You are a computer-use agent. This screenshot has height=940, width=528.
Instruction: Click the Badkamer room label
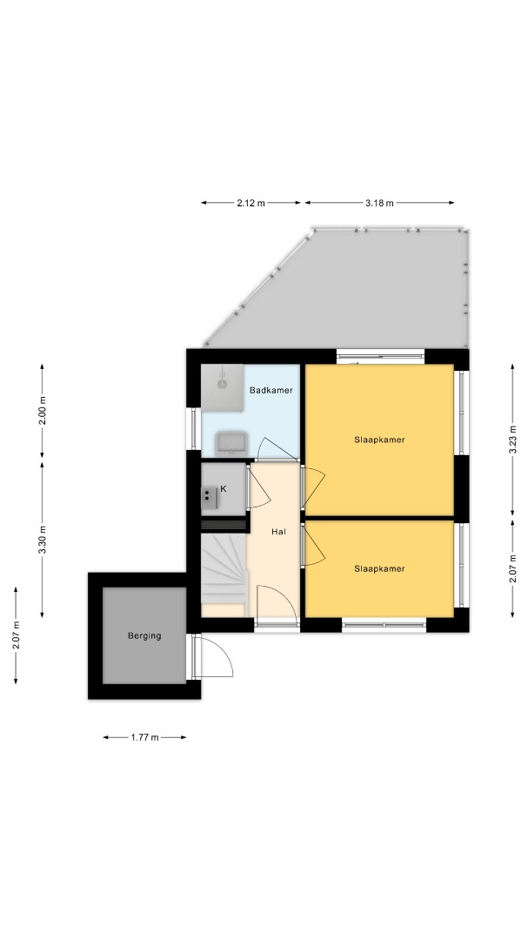pos(271,390)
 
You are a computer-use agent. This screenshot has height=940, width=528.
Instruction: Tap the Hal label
pos(277,531)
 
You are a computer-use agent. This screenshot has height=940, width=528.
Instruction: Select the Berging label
pos(144,635)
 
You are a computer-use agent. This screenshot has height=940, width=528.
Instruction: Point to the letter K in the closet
pos(224,488)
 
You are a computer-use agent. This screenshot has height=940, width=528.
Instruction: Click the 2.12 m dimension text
pos(251,203)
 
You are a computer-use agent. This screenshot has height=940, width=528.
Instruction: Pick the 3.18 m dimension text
pos(379,203)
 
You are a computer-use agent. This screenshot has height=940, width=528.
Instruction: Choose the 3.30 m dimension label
pos(42,540)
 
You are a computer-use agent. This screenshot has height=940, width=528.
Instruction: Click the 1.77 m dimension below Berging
pos(144,737)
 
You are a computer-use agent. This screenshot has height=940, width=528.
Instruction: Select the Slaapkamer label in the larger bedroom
pos(379,440)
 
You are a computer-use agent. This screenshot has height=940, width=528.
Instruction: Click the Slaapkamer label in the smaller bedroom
pos(379,568)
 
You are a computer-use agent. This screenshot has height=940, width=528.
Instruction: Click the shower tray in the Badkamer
pos(223,388)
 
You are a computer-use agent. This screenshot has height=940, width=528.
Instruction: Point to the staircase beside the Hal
pos(224,568)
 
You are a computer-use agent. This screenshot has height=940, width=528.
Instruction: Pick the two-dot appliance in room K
pos(209,496)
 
